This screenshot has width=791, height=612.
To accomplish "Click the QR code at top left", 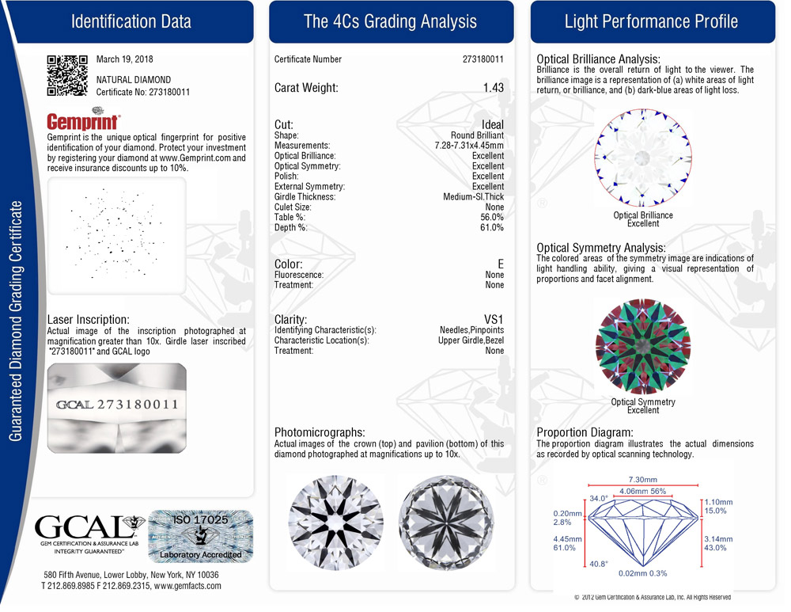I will [66, 75].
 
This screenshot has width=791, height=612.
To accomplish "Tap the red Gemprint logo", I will [84, 121].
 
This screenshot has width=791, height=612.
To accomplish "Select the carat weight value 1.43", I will [493, 88].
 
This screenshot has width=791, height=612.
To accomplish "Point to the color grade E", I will [499, 264].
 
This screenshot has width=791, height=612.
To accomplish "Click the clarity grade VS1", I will [494, 319].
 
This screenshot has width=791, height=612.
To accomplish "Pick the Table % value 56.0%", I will [491, 218].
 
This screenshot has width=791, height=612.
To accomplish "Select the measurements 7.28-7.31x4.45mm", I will [469, 146].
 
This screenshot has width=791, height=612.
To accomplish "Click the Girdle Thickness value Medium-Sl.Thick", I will [473, 197].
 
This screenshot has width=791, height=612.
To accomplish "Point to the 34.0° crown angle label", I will [598, 499].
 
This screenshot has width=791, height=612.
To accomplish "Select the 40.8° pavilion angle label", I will [598, 564].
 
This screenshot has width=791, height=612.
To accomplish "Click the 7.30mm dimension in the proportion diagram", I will [642, 480].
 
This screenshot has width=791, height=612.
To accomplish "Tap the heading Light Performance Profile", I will [651, 21].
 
